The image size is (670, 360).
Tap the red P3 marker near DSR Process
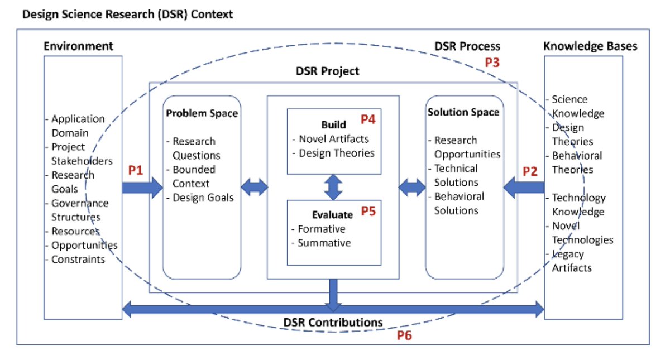tap(492, 63)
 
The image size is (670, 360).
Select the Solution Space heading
tap(463, 112)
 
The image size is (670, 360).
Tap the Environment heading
tap(78, 46)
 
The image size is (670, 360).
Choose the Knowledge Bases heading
tap(590, 46)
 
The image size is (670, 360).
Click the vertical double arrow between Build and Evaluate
tap(333, 187)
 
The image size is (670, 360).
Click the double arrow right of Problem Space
tap(255, 189)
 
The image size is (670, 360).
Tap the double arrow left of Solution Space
tap(411, 189)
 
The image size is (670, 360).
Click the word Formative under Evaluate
tap(321, 229)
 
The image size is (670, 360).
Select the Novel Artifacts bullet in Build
tap(333, 139)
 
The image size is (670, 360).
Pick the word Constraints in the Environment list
tap(78, 259)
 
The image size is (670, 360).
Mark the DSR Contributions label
tap(333, 322)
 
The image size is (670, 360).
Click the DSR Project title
tap(327, 71)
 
